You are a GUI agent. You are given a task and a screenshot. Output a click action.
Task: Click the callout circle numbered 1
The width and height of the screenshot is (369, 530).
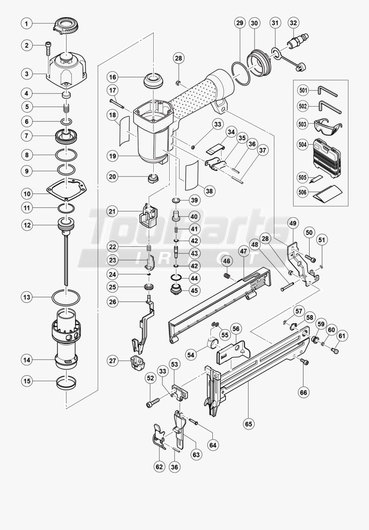[x=27, y=24]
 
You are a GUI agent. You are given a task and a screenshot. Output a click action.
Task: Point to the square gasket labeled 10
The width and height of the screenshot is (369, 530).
[x=66, y=187]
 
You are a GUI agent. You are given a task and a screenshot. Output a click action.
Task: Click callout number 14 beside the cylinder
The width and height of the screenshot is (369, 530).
[x=27, y=360]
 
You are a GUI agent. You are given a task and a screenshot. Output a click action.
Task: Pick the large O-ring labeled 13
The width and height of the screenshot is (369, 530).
[x=66, y=297]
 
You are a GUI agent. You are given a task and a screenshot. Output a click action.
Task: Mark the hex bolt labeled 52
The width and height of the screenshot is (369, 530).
[x=152, y=402]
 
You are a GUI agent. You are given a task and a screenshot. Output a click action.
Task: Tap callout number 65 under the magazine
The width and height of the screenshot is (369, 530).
[x=248, y=424]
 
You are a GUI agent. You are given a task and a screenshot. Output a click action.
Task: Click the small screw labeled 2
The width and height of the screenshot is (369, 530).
[x=48, y=48]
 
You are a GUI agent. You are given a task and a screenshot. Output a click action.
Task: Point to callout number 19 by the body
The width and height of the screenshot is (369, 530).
[x=113, y=156]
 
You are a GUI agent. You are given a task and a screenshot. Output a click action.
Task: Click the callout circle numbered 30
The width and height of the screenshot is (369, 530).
[x=254, y=23]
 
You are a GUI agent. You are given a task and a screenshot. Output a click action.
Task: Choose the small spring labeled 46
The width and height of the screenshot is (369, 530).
[x=226, y=277]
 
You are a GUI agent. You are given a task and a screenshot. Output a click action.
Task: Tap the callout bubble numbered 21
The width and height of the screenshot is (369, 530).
[x=113, y=211]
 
